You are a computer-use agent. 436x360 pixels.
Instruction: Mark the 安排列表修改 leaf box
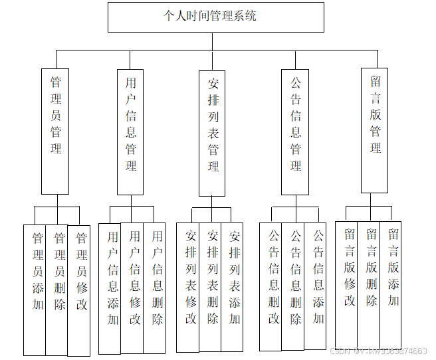[191, 286]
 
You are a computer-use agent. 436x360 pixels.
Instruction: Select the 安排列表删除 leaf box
[213, 286]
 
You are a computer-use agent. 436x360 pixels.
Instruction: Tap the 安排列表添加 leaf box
[234, 286]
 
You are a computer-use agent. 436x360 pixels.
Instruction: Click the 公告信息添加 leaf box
[318, 286]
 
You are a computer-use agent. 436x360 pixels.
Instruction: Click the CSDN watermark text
[379, 351]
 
